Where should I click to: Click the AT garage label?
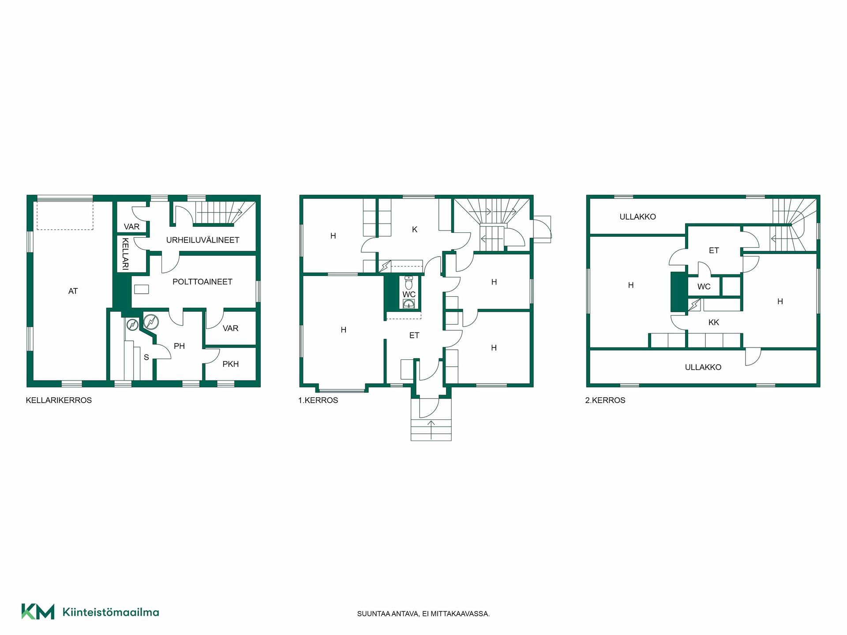73,291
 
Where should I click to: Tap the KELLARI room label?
125,254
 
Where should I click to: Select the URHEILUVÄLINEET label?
202,240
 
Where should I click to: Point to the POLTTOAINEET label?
202,282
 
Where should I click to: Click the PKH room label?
230,364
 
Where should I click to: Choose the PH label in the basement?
179,346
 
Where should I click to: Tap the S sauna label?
146,358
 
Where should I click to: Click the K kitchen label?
415,229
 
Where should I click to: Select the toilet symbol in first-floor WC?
409,282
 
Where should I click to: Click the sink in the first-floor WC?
409,304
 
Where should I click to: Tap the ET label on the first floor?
414,336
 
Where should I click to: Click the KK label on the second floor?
714,322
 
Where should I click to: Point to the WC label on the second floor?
704,287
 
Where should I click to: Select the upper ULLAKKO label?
637,217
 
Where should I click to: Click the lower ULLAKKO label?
703,367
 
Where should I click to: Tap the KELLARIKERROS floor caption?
59,400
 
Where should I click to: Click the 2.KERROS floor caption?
605,400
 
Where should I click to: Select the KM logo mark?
38,612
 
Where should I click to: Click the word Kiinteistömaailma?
111,612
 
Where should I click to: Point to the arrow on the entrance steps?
431,430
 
